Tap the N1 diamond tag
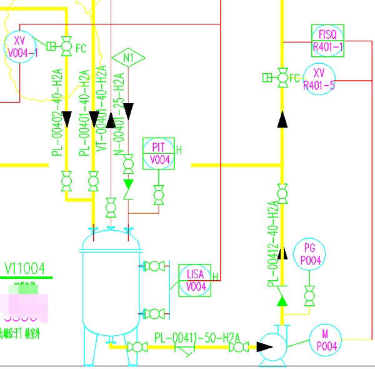(129, 58)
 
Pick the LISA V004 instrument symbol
(196, 280)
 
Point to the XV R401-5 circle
(319, 79)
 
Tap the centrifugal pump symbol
(273, 345)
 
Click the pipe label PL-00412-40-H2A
(273, 244)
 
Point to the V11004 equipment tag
(25, 269)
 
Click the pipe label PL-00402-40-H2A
(57, 113)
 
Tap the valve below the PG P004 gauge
(309, 293)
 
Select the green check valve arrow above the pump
(282, 301)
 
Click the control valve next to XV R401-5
(282, 77)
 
